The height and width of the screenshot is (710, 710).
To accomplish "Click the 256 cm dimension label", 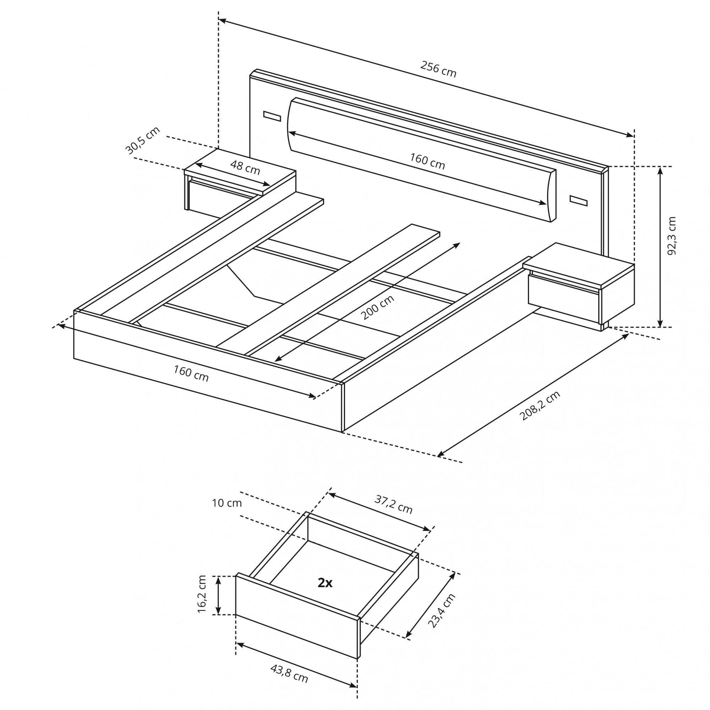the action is pyautogui.click(x=438, y=69).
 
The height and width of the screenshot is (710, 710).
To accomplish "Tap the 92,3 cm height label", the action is pyautogui.click(x=671, y=236).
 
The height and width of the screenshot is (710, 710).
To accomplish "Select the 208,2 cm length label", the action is pyautogui.click(x=540, y=405).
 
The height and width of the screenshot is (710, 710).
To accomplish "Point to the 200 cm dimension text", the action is pyautogui.click(x=377, y=307).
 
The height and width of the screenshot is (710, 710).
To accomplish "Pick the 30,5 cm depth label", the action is pyautogui.click(x=143, y=140).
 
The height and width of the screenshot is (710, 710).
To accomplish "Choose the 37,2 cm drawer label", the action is pyautogui.click(x=394, y=504).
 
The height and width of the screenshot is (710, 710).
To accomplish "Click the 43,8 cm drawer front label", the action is pyautogui.click(x=289, y=673).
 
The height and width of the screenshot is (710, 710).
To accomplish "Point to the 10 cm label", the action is pyautogui.click(x=227, y=503).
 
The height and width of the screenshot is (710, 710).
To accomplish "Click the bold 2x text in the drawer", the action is pyautogui.click(x=325, y=583).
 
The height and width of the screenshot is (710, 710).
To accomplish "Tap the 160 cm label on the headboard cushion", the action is pyautogui.click(x=427, y=161).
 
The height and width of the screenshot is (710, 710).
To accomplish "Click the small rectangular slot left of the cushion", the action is pyautogui.click(x=272, y=116).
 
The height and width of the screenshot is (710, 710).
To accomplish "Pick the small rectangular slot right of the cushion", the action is pyautogui.click(x=579, y=201).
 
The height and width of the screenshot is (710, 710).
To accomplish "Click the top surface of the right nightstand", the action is pyautogui.click(x=579, y=265).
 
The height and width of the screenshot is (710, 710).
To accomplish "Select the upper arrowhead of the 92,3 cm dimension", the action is pyautogui.click(x=660, y=170).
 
